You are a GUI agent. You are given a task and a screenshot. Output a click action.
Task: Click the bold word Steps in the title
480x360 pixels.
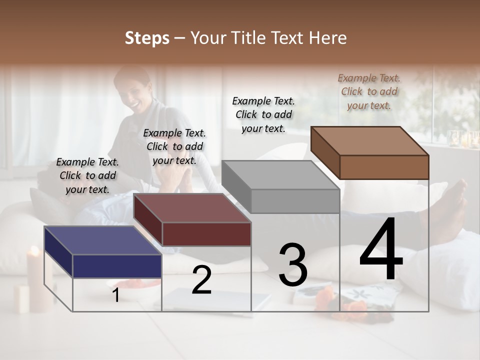pyautogui.click(x=147, y=38)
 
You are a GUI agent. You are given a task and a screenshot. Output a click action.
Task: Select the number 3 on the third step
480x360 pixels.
pyautogui.click(x=292, y=265)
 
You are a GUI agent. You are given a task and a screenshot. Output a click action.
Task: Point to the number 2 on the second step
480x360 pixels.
pyautogui.click(x=201, y=280)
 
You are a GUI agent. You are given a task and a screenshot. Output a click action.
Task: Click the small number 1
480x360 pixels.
pyautogui.click(x=115, y=295)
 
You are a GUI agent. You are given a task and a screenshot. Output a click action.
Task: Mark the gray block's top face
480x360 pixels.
pyautogui.click(x=280, y=175)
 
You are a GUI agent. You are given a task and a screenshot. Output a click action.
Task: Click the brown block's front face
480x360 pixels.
pyautogui.click(x=384, y=167)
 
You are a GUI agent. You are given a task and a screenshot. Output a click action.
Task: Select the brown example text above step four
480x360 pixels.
pyautogui.click(x=369, y=91)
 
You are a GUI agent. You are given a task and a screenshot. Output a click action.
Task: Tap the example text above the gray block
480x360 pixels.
pyautogui.click(x=263, y=114)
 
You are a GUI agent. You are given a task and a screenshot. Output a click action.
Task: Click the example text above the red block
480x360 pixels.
pyautogui.click(x=174, y=146)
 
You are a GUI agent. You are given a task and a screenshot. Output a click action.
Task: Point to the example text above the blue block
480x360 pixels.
pyautogui.click(x=87, y=175)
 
